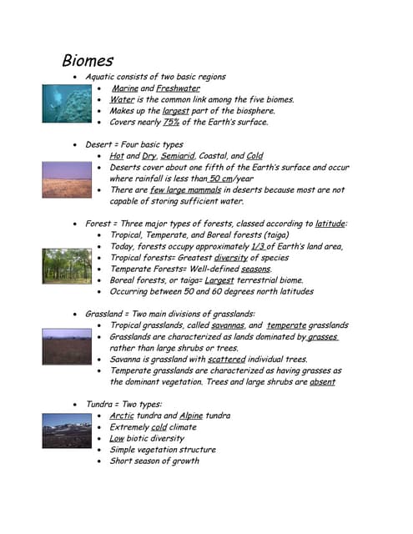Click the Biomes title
tap(88, 61)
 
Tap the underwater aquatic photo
tap(67, 103)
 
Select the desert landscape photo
tap(67, 180)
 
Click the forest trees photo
tap(67, 265)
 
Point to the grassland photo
tap(67, 347)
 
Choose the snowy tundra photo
tap(67, 431)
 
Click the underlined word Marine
tap(125, 88)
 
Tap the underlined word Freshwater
tap(178, 88)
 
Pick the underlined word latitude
tap(330, 224)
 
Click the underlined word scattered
tap(226, 359)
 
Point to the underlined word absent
tap(321, 382)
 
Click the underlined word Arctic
tap(122, 416)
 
